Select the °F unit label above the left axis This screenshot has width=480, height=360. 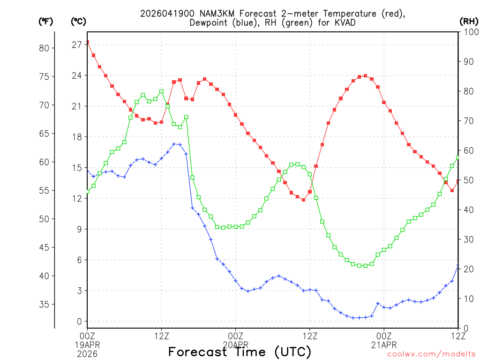coord(45,21)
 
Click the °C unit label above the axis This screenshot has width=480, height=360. coord(78,21)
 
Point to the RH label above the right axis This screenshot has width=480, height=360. coord(468,21)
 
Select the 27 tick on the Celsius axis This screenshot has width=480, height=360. coord(76,45)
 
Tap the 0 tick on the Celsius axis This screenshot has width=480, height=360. coord(80,322)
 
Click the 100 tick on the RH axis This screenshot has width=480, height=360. coord(469,32)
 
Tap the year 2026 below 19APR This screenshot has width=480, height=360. coord(87,352)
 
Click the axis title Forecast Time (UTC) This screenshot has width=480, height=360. coord(240,352)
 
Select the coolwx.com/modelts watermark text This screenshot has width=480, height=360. coord(431,354)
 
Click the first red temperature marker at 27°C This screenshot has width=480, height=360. coord(87,43)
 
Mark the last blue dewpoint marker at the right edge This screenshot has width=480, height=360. coord(458,266)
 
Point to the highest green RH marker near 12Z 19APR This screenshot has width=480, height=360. coord(161,91)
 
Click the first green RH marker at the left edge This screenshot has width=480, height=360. coord(87,191)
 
